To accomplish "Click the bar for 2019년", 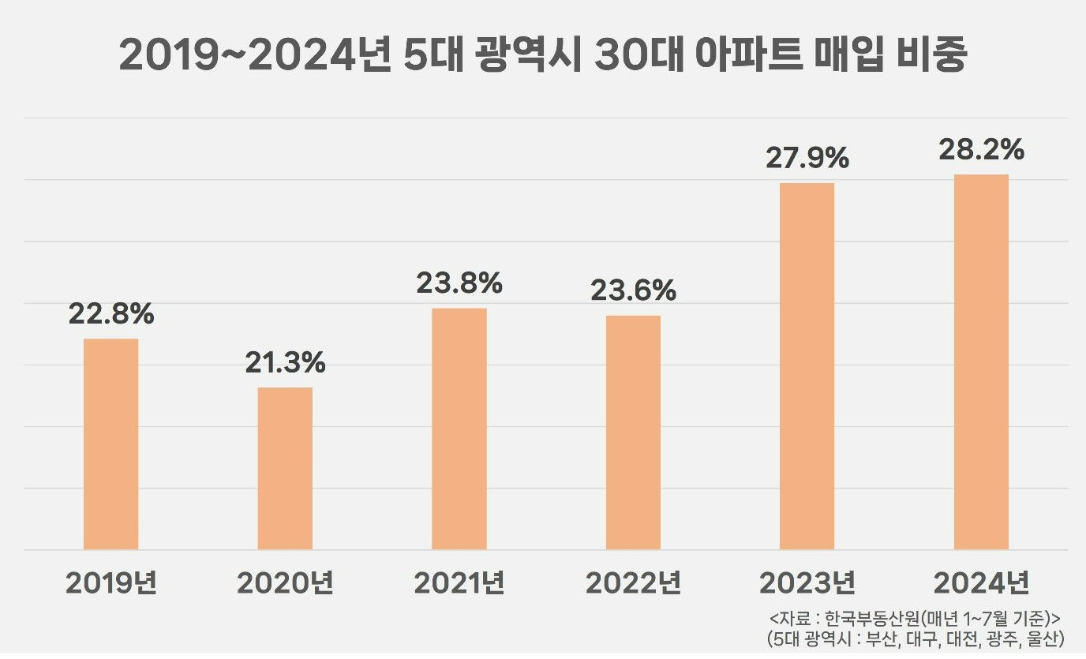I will (111, 444).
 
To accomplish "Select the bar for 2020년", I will (285, 468).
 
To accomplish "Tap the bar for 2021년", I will (459, 429).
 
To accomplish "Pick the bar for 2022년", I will (633, 432).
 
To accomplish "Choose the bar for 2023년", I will (807, 366).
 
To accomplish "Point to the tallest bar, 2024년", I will (981, 361).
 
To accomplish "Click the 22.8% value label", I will (111, 314).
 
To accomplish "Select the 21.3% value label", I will (285, 363).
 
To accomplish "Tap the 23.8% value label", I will (459, 283).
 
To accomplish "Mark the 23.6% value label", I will (633, 290).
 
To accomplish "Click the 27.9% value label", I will (807, 158).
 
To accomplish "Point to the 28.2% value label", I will (981, 149).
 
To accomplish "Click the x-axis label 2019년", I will (111, 584).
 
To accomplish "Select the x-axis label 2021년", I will (459, 584).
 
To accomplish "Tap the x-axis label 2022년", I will (633, 584).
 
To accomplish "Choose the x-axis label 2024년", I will (981, 584).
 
